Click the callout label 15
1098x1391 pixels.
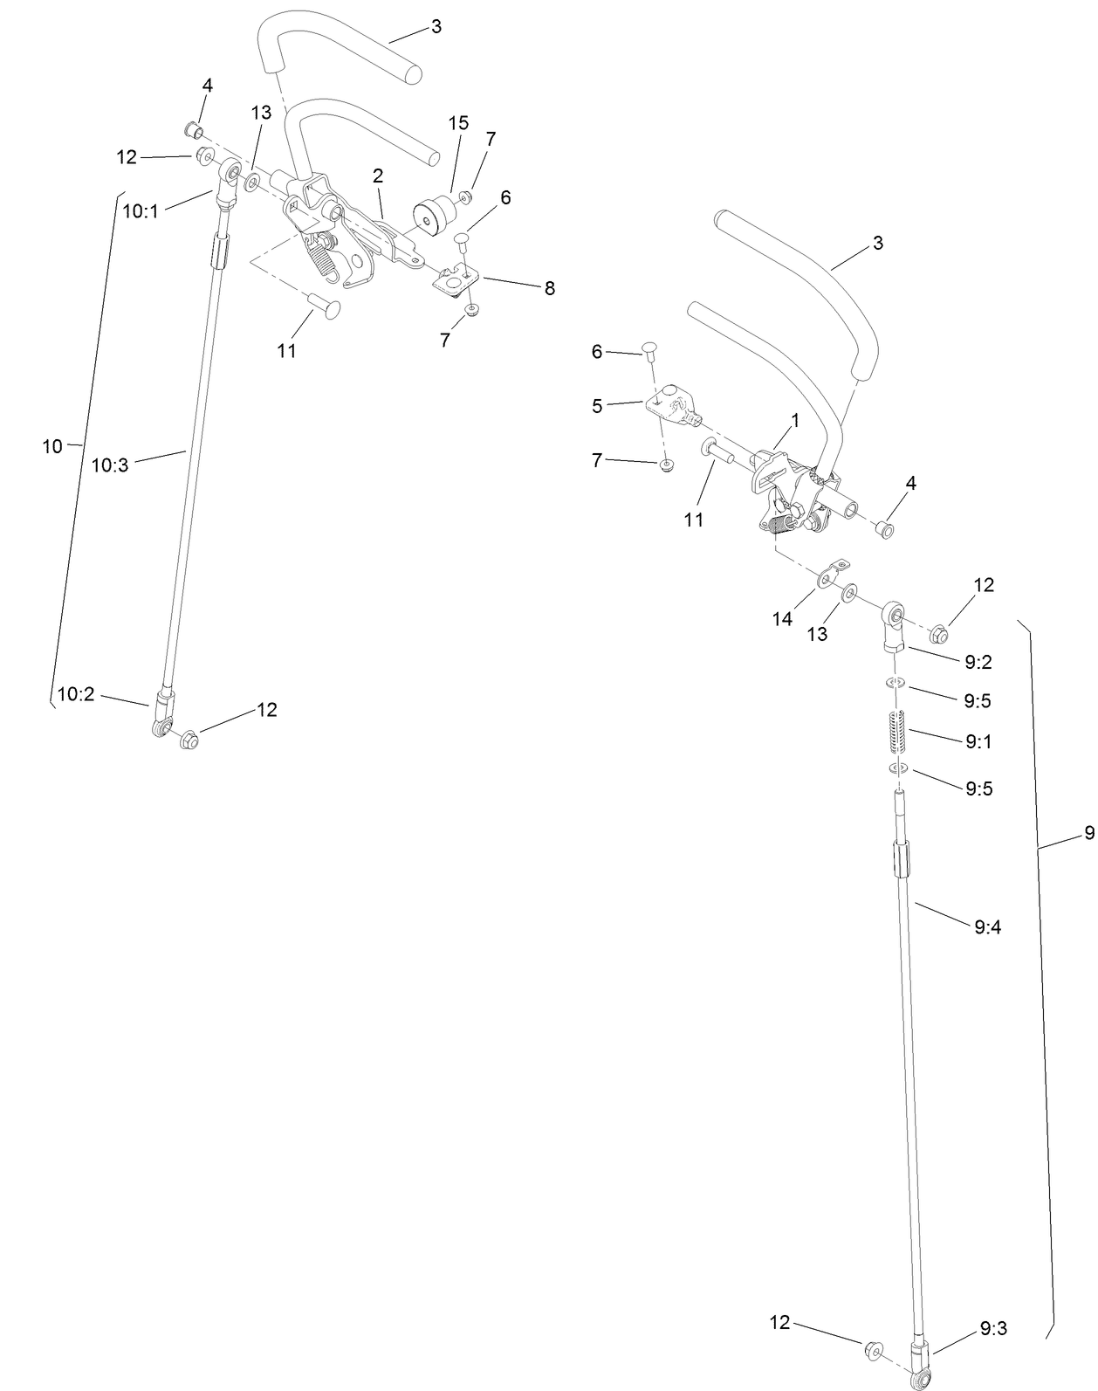(458, 123)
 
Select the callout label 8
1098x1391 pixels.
(549, 289)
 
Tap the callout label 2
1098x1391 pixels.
(378, 176)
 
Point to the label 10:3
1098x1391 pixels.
(110, 465)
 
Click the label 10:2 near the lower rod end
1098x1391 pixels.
(76, 694)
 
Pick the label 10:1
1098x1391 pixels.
(141, 210)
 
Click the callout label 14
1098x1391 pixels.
(782, 618)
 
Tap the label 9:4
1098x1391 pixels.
(987, 927)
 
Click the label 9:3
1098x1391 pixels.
(993, 1328)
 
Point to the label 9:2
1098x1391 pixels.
(978, 662)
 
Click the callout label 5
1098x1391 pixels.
(597, 405)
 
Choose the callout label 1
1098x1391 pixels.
(795, 421)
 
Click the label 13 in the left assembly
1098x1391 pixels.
(261, 113)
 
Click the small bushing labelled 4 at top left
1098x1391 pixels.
(194, 132)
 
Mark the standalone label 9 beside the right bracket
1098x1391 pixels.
(1088, 833)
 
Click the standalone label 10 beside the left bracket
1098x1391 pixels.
(52, 446)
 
